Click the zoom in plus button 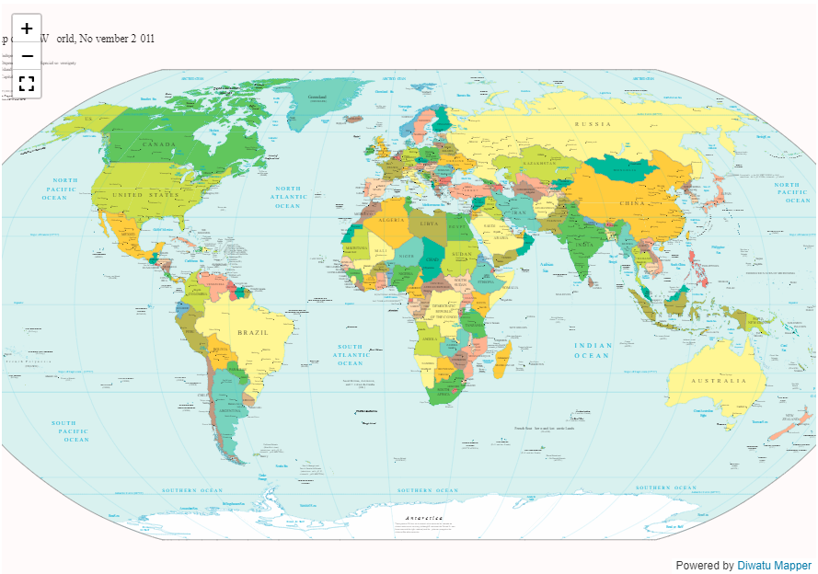[x=27, y=29]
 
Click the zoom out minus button [x=27, y=56]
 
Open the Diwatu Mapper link [x=774, y=566]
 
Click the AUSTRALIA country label [x=720, y=381]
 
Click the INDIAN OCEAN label [x=593, y=350]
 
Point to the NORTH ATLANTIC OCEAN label [x=288, y=197]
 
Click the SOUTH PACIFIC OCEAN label [x=72, y=430]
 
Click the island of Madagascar [x=502, y=359]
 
